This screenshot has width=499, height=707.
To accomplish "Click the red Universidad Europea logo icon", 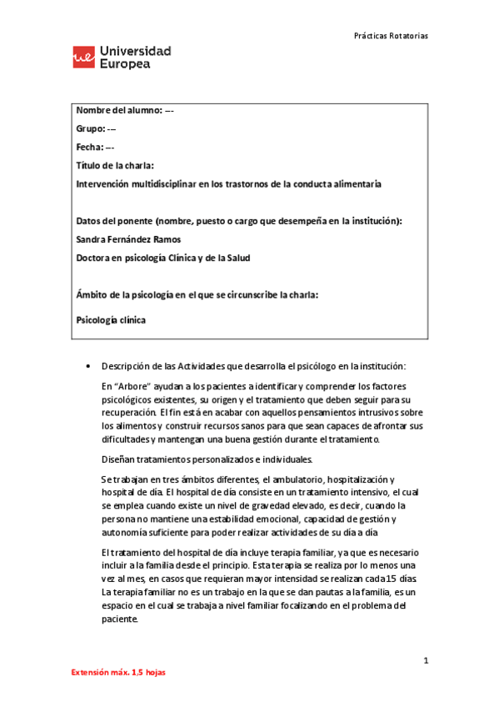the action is [x=84, y=57].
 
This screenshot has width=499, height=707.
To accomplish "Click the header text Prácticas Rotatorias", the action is [x=391, y=36].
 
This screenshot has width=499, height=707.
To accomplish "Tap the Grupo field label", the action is [x=90, y=128].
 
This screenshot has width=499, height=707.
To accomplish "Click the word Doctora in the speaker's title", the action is [x=94, y=258].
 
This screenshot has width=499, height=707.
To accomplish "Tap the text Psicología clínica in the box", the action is [x=109, y=319].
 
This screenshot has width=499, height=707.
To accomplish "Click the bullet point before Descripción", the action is [x=88, y=366].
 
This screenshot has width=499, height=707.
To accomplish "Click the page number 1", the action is [x=425, y=661].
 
